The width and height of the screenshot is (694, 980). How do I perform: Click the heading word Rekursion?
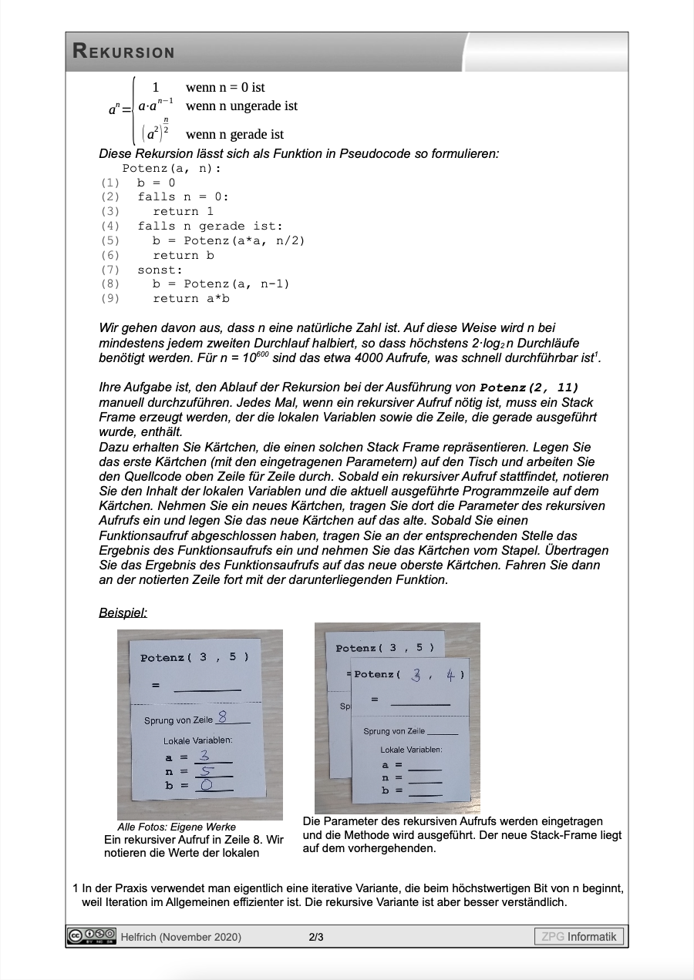click(123, 52)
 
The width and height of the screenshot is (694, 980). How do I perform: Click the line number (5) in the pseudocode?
click(110, 240)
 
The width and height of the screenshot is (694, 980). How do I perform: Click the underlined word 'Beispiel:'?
click(123, 612)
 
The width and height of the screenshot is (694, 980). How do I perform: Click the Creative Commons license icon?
click(91, 936)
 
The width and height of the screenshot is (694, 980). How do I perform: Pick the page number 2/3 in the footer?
click(316, 937)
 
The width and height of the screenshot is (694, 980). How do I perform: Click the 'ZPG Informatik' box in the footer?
click(578, 937)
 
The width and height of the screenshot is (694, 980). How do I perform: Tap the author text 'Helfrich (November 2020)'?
click(180, 937)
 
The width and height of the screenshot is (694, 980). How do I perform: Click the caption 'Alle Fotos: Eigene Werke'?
click(177, 827)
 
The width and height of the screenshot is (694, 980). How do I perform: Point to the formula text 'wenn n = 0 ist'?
click(225, 88)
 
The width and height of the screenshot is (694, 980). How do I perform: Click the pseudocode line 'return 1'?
click(183, 211)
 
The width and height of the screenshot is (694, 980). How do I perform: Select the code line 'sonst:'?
click(160, 270)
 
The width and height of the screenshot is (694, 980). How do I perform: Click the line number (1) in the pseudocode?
click(110, 183)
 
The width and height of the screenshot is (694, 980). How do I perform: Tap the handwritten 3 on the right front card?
click(416, 675)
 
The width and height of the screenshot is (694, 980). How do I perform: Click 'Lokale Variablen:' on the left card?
click(197, 740)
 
